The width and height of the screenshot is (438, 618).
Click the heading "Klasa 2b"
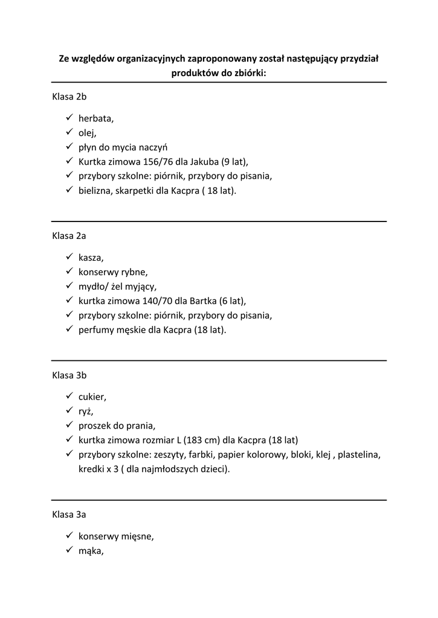(69, 97)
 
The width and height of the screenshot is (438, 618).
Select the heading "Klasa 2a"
(69, 236)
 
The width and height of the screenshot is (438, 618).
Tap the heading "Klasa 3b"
(69, 375)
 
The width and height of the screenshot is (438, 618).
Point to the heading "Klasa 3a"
(69, 515)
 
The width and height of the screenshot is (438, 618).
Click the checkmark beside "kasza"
(69, 258)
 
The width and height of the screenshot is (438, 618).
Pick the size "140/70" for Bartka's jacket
(154, 301)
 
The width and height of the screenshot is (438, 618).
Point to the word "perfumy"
(96, 330)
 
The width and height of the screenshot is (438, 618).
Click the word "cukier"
(92, 397)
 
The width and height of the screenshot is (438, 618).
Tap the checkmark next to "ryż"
(69, 411)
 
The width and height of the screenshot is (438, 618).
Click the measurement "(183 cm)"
(197, 440)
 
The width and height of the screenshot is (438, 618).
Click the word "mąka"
(91, 550)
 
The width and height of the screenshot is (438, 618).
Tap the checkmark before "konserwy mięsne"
(69, 535)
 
